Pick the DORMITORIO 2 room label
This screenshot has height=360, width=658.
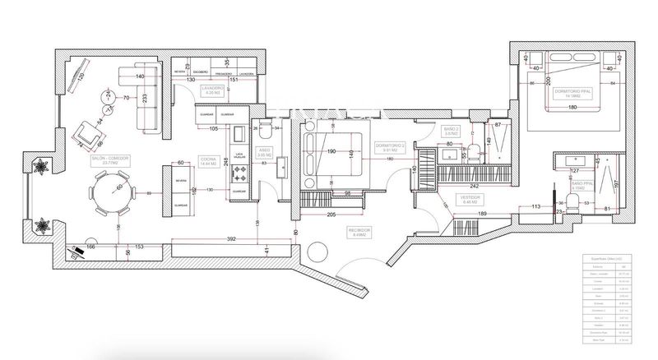(389, 149)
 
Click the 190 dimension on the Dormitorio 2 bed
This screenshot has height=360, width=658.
(331, 151)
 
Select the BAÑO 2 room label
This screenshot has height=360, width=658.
(451, 131)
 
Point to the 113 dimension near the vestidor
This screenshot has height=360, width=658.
(535, 207)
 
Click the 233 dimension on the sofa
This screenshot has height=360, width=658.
(146, 98)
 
